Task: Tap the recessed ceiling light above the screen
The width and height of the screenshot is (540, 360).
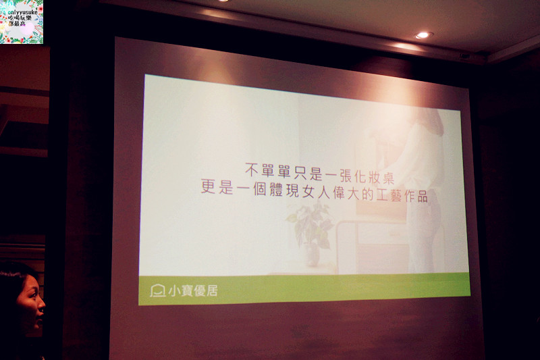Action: (424, 34)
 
